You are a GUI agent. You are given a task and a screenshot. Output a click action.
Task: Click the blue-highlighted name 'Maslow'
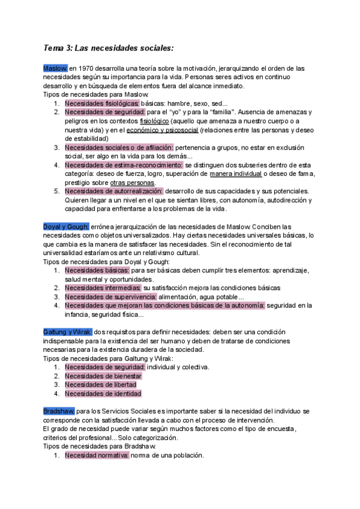[x=56, y=68]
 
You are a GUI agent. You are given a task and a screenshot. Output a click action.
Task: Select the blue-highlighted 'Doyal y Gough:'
[x=66, y=226]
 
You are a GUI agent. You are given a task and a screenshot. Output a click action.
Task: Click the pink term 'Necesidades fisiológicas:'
[x=102, y=103]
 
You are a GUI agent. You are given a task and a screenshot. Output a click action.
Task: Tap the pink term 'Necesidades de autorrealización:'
[x=113, y=191]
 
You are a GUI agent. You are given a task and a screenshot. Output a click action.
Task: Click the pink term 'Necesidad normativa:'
[x=97, y=456]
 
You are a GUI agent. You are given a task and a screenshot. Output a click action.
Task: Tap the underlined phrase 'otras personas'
[x=133, y=182]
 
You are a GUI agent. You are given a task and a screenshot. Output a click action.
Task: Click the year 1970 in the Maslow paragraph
[x=87, y=68]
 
